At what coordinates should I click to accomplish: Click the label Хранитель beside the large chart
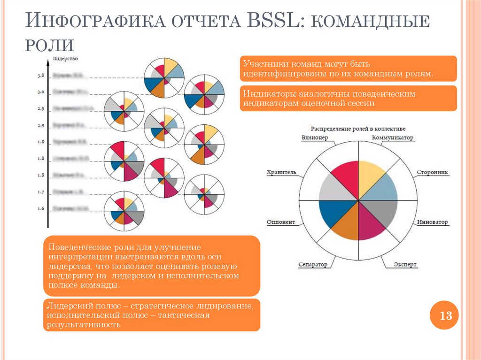click(x=281, y=172)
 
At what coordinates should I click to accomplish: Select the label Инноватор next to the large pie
click(x=433, y=222)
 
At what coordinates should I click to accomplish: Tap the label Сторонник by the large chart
click(x=433, y=172)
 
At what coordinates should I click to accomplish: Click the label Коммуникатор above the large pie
click(x=392, y=138)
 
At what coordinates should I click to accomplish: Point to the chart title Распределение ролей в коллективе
click(x=358, y=128)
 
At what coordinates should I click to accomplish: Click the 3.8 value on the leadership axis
click(x=41, y=75)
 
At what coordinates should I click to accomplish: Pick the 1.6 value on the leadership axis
click(x=41, y=208)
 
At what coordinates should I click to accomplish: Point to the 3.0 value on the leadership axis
click(x=41, y=92)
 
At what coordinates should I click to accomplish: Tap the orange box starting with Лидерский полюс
click(x=152, y=315)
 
